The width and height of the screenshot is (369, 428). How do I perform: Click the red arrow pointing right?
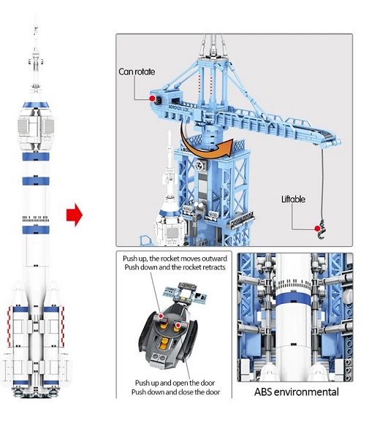(75, 215)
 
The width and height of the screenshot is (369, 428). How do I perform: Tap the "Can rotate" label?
(137, 72)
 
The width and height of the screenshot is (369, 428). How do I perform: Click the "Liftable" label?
(293, 199)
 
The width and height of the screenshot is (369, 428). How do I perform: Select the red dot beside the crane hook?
(317, 229)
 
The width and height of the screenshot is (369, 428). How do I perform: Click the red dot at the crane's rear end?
(153, 99)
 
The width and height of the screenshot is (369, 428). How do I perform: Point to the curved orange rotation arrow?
(203, 149)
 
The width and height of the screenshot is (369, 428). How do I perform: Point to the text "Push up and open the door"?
(175, 383)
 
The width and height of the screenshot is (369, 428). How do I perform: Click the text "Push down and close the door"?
(175, 392)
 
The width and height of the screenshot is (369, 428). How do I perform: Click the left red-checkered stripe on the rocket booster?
(9, 326)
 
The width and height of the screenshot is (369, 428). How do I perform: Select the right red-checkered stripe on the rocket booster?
(63, 326)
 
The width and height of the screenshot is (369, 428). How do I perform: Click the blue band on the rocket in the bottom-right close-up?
(293, 300)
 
